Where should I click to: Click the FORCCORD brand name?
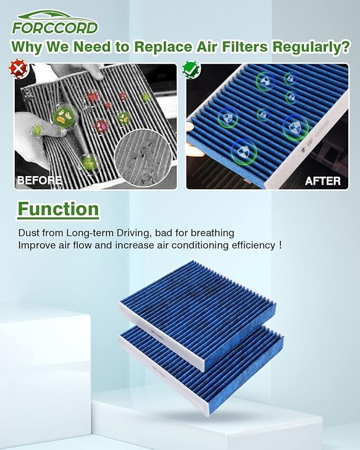click(55, 27)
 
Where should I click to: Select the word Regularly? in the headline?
click(311, 47)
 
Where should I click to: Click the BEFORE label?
click(39, 180)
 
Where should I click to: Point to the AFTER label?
click(322, 181)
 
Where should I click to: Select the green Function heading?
click(58, 209)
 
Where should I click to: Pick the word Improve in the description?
click(35, 245)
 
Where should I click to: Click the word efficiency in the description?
click(250, 245)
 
